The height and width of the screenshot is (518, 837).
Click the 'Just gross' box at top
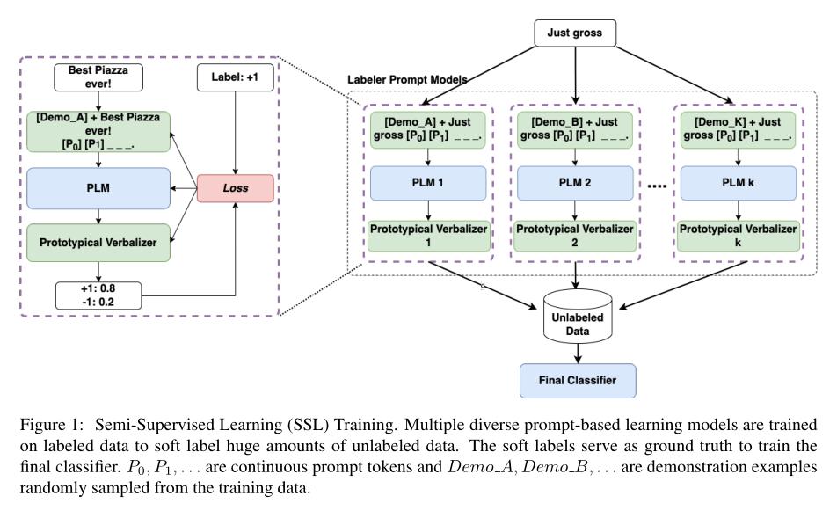point(576,33)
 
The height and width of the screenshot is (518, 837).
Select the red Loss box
point(235,188)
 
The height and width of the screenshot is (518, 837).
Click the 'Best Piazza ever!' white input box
point(98,77)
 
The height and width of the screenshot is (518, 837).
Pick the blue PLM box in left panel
point(98,188)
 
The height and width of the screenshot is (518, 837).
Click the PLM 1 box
point(428,183)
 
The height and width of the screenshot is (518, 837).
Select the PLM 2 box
point(575,183)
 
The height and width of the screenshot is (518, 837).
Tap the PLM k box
point(738,183)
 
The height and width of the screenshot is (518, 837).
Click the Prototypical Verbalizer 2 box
point(575,236)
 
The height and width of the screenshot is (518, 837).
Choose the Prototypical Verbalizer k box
point(738,236)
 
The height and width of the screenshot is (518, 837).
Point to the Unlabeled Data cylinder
point(577,317)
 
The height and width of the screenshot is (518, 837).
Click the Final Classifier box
point(577,381)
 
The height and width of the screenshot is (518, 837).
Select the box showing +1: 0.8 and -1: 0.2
point(98,295)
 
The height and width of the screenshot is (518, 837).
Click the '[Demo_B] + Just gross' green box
point(575,128)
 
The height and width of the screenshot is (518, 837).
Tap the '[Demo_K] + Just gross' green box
point(738,128)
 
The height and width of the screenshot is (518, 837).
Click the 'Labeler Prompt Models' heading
point(407,80)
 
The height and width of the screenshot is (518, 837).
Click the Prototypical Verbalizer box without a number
point(98,242)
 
